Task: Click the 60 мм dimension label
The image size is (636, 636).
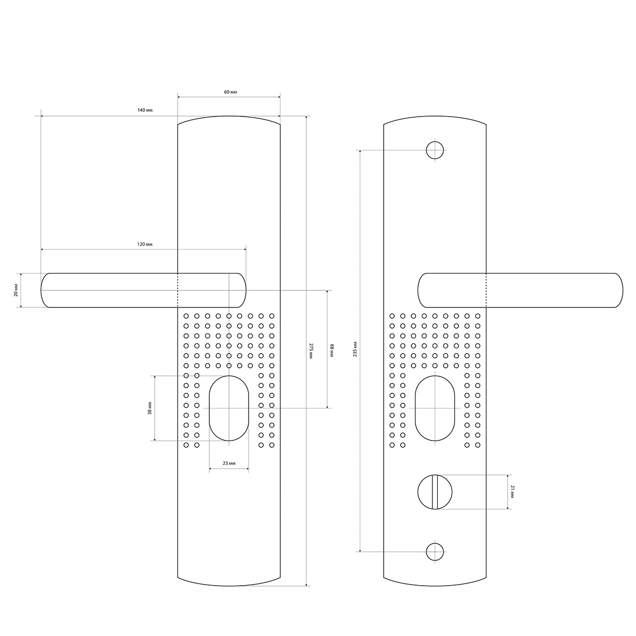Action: (x=231, y=92)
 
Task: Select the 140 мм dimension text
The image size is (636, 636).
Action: (x=145, y=110)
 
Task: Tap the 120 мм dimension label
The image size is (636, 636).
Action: (x=145, y=244)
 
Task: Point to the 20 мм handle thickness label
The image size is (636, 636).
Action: (x=16, y=290)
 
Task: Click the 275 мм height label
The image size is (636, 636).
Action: (x=311, y=351)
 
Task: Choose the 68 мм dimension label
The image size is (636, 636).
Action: (x=332, y=350)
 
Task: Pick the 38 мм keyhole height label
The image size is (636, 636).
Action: (x=150, y=408)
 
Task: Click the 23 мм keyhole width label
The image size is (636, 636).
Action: (x=229, y=463)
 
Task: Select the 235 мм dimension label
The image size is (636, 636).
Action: (x=355, y=349)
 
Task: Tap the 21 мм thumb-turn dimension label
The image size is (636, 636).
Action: (x=512, y=492)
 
